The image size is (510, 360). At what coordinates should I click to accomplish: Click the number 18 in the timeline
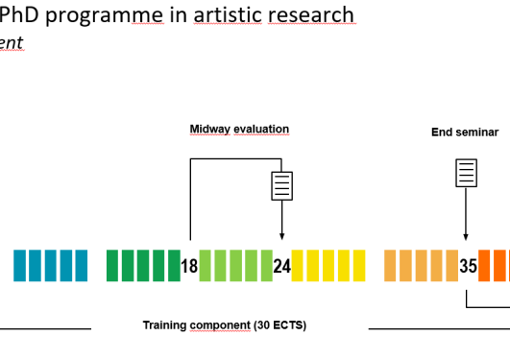point(189,266)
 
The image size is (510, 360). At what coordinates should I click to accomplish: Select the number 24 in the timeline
point(281,266)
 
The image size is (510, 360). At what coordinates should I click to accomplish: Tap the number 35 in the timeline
point(468,266)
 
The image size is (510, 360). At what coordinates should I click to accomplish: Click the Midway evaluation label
point(239,130)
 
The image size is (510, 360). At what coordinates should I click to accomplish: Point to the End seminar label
point(465,132)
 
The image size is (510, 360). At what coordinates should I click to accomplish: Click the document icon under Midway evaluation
point(281,185)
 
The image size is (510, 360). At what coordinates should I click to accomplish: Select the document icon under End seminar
point(466,174)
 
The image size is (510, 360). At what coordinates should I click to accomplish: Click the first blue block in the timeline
point(19,266)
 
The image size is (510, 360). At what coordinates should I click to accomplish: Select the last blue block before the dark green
point(81,266)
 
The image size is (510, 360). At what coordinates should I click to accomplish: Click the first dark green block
point(111,266)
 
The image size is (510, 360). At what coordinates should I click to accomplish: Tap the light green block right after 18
point(205,266)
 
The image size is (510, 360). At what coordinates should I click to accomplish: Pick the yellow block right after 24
point(298,266)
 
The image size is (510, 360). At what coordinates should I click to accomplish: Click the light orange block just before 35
point(451,266)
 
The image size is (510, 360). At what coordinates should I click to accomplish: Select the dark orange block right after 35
point(485,266)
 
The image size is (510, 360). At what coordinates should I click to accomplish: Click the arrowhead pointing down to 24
point(281,236)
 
